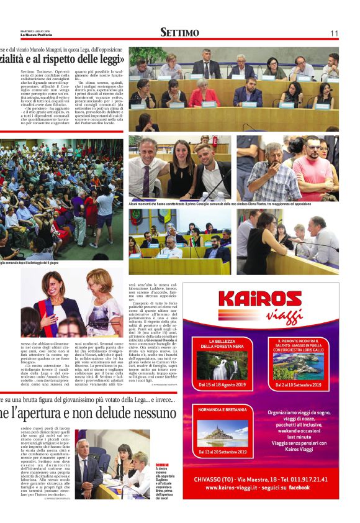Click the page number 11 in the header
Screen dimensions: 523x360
pos(334,33)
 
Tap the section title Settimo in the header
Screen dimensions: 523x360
pos(179,32)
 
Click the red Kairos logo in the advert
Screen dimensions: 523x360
pos(259,298)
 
